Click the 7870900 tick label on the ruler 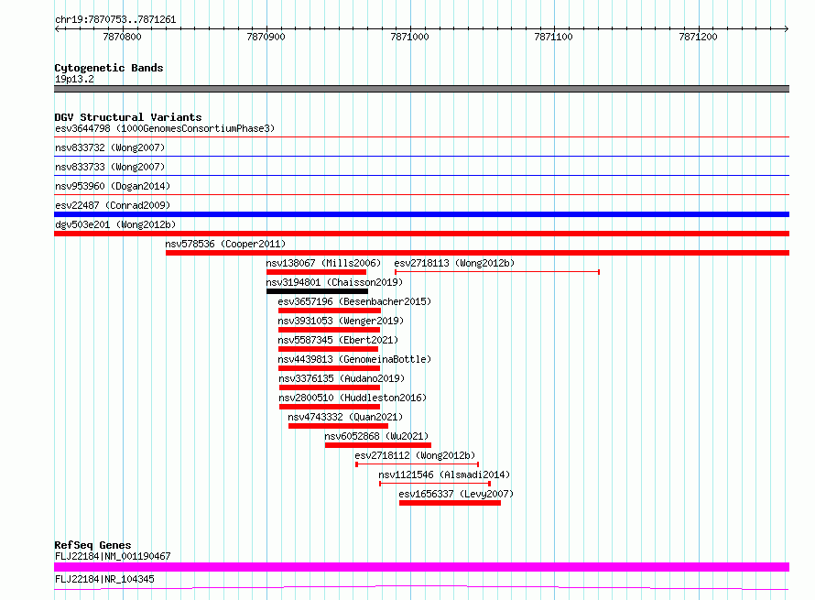(266, 37)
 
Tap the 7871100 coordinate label (553, 37)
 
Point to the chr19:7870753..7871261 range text (115, 20)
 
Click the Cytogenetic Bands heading (109, 68)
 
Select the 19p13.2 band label (74, 79)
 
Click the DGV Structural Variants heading (128, 117)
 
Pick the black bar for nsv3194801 (317, 291)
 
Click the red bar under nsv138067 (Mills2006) (316, 272)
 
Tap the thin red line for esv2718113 (497, 272)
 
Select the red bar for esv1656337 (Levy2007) (450, 503)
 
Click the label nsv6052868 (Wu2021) (376, 436)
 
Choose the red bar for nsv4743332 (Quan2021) (338, 426)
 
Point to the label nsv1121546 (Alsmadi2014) (444, 475)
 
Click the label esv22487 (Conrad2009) (113, 205)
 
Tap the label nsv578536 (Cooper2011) (225, 244)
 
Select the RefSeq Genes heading (92, 545)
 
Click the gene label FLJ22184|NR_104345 (104, 579)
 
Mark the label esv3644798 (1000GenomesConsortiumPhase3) (165, 128)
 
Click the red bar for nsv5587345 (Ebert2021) (328, 349)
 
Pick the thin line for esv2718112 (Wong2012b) (417, 464)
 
